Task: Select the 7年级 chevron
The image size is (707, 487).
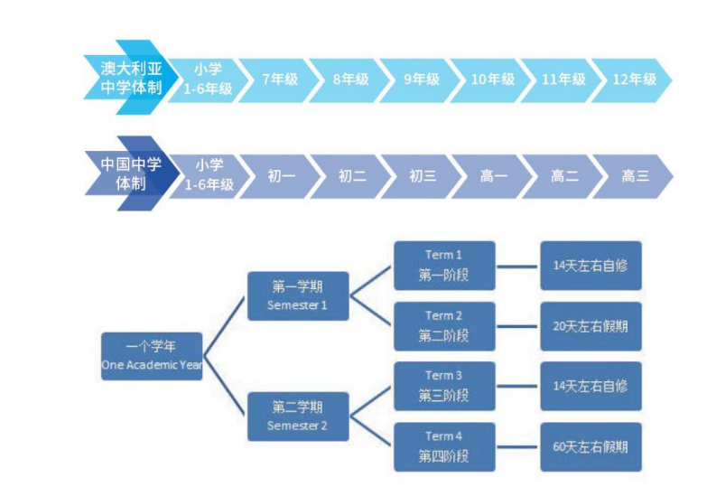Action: pyautogui.click(x=279, y=80)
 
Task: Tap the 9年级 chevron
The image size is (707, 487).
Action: pyautogui.click(x=421, y=80)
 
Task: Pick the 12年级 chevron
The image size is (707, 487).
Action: pyautogui.click(x=635, y=80)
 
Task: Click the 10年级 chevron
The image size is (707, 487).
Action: pyautogui.click(x=492, y=80)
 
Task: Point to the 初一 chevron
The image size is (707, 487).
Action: pyautogui.click(x=281, y=176)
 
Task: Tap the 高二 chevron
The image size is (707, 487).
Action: pyautogui.click(x=564, y=176)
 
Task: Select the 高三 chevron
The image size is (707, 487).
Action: pyautogui.click(x=635, y=176)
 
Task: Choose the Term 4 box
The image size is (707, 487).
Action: pyautogui.click(x=444, y=446)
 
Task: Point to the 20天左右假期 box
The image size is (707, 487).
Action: pyautogui.click(x=591, y=326)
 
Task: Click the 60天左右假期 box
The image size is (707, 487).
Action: pyautogui.click(x=591, y=446)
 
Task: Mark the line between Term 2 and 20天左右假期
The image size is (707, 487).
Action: pyautogui.click(x=517, y=326)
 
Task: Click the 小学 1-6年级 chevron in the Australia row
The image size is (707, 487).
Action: pyautogui.click(x=208, y=80)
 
